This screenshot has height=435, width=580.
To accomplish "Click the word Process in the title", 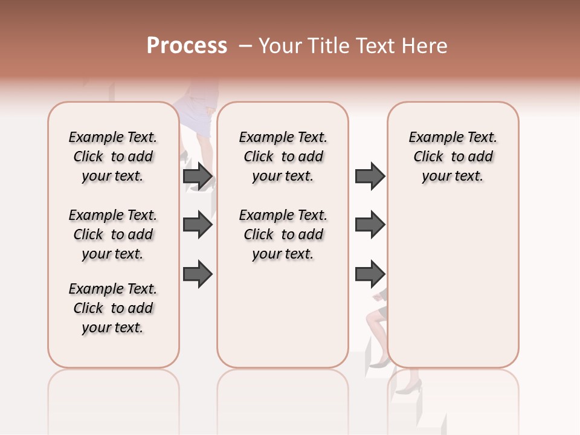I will click(187, 45).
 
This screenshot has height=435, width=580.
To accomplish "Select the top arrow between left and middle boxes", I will click(198, 176).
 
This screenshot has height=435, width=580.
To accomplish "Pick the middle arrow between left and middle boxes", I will click(198, 225).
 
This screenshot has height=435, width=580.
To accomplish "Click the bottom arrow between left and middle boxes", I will click(198, 274).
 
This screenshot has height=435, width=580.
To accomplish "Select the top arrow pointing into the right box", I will click(370, 176).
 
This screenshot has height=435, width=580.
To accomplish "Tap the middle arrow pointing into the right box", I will click(370, 225).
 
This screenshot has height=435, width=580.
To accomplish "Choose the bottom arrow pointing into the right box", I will click(370, 274).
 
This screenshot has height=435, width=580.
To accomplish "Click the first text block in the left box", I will click(113, 156).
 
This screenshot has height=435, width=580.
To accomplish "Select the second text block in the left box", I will click(113, 234).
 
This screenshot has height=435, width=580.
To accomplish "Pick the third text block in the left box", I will click(113, 308).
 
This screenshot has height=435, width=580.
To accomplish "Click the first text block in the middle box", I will click(283, 156).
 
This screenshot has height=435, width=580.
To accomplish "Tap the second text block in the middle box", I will click(283, 234).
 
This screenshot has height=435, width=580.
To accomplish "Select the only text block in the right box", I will click(453, 156).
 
